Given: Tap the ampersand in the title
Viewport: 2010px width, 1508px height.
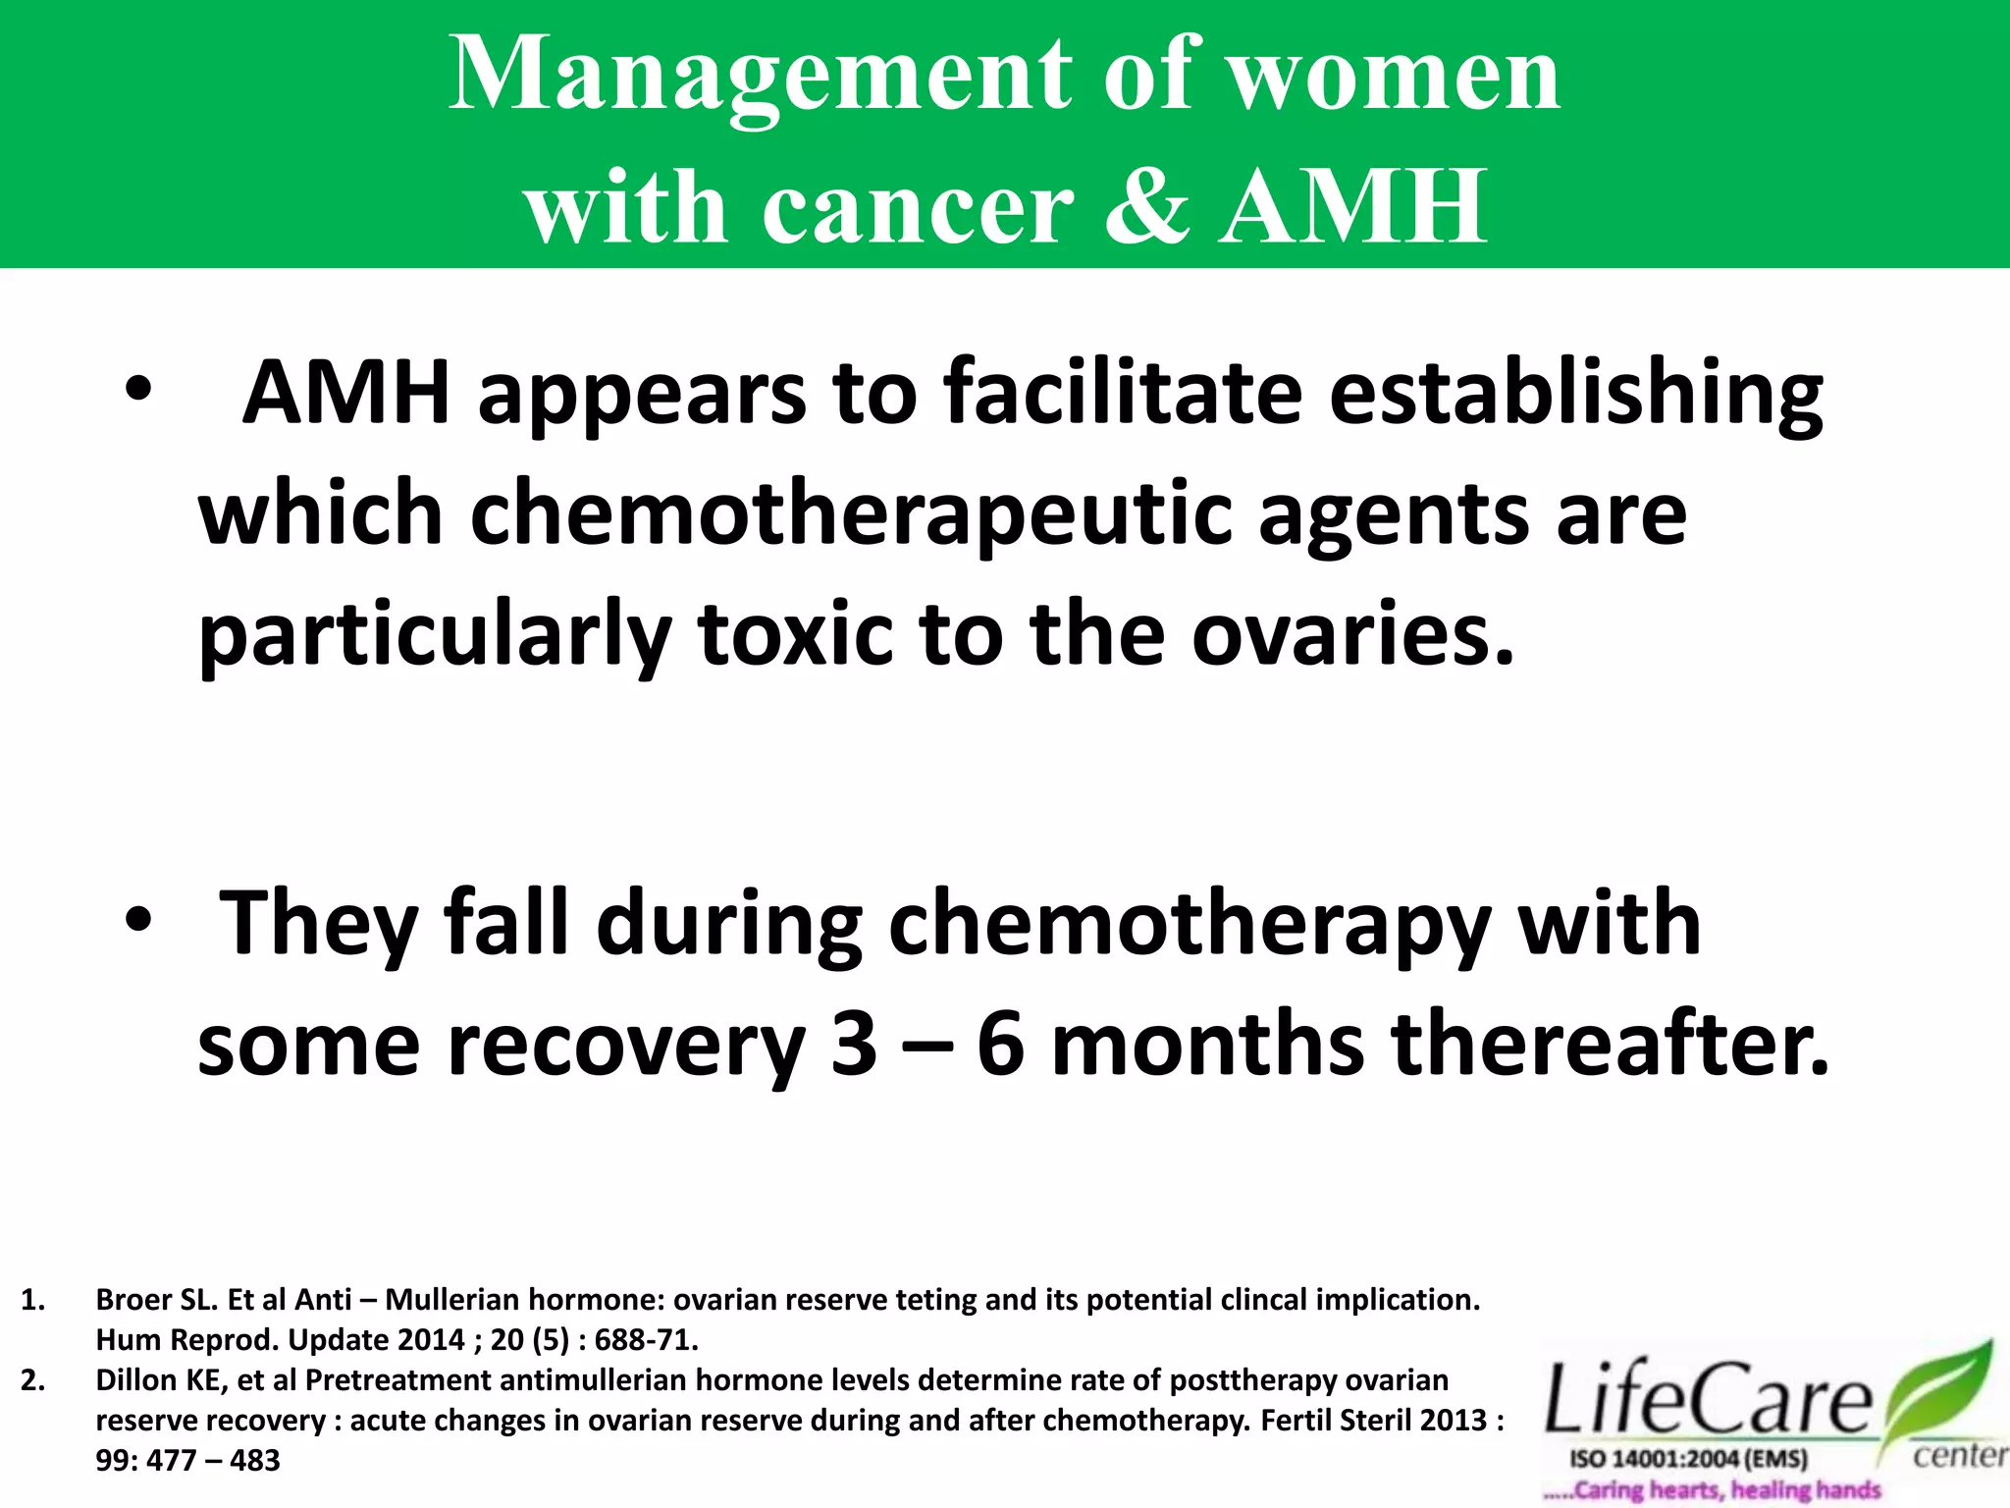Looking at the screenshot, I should click(x=1146, y=206).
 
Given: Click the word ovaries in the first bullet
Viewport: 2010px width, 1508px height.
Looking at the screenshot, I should click(x=1353, y=634).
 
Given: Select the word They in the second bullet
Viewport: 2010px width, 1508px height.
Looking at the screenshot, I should click(x=318, y=923).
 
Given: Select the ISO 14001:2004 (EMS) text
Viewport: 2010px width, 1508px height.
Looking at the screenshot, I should click(x=1688, y=1458).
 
